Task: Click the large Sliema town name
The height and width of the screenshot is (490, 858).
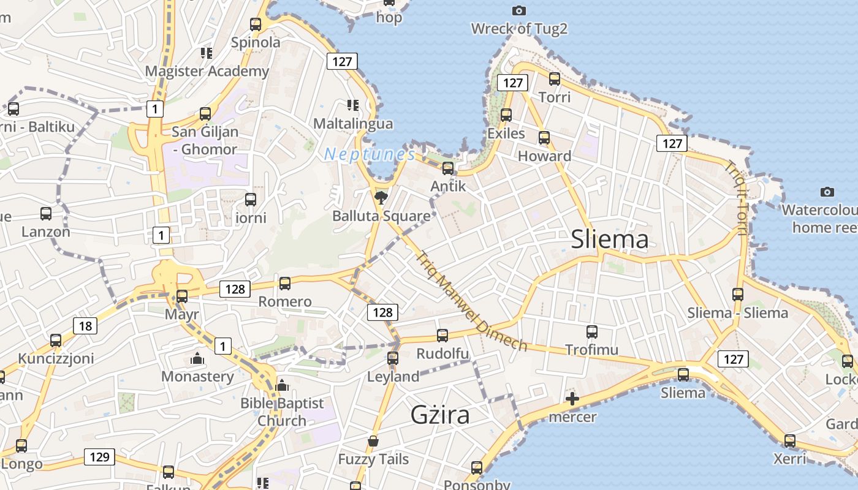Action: click(x=609, y=239)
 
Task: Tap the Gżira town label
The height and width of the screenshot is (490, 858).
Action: click(x=440, y=415)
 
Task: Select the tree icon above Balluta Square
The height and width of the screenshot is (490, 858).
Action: click(x=381, y=197)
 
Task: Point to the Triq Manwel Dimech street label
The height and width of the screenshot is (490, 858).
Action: click(x=471, y=301)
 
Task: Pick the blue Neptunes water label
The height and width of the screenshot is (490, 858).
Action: click(x=370, y=154)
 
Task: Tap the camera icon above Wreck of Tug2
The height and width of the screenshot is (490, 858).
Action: click(x=518, y=10)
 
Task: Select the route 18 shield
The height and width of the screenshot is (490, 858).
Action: click(x=85, y=326)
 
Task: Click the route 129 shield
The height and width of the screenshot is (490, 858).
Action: click(x=99, y=457)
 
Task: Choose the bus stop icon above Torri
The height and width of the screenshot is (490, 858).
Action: click(x=555, y=78)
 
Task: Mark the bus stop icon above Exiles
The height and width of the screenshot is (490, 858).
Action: click(x=506, y=115)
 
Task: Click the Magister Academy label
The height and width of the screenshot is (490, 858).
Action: click(x=207, y=71)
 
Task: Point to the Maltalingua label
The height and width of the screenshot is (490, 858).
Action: click(x=353, y=124)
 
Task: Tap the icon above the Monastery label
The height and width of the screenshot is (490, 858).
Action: click(x=197, y=358)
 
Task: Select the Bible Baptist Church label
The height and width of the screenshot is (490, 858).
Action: click(x=282, y=412)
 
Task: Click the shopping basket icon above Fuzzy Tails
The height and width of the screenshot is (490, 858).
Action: click(x=373, y=441)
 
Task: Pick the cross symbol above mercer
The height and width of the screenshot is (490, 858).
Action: click(x=572, y=399)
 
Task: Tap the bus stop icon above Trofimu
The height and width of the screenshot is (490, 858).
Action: click(x=592, y=332)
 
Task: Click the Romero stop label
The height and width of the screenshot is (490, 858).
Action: click(x=285, y=301)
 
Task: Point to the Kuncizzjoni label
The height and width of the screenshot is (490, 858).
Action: click(x=56, y=358)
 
